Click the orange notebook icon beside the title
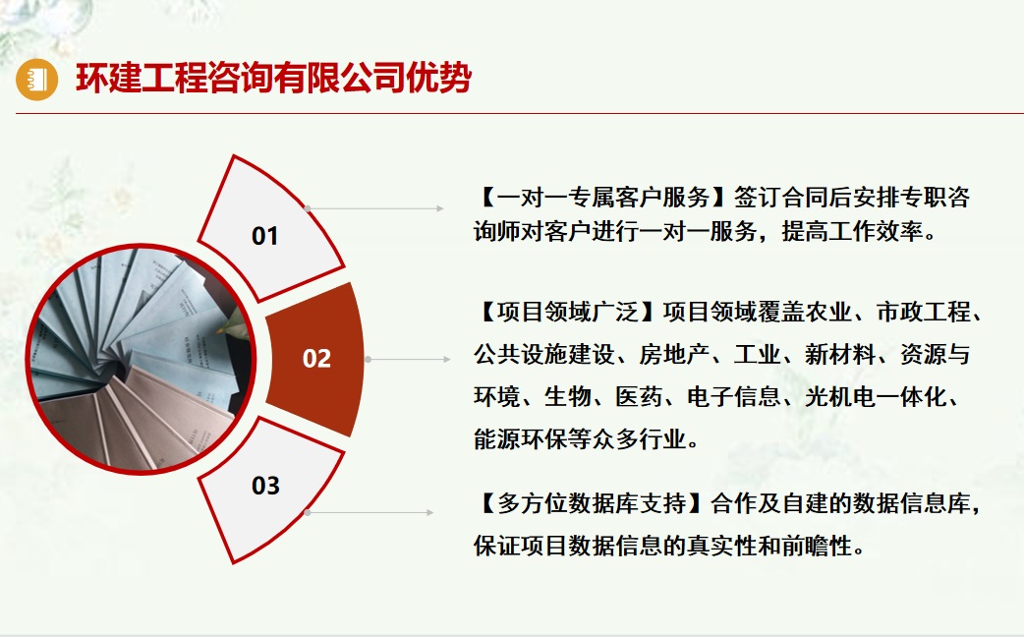(x=37, y=79)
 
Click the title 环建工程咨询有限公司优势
(x=273, y=79)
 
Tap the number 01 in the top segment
(x=265, y=236)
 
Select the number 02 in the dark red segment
(x=316, y=359)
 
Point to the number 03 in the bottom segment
(x=265, y=486)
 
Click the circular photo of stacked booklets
(x=141, y=359)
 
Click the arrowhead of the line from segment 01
(x=440, y=208)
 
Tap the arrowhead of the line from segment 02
(x=447, y=360)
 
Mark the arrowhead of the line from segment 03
(x=429, y=513)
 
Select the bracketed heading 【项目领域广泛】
(x=567, y=312)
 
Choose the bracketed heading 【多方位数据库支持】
(x=591, y=503)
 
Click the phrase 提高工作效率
(x=852, y=231)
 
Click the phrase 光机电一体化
(x=875, y=396)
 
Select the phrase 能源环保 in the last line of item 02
(x=521, y=438)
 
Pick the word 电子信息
(x=733, y=396)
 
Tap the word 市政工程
(x=924, y=312)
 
